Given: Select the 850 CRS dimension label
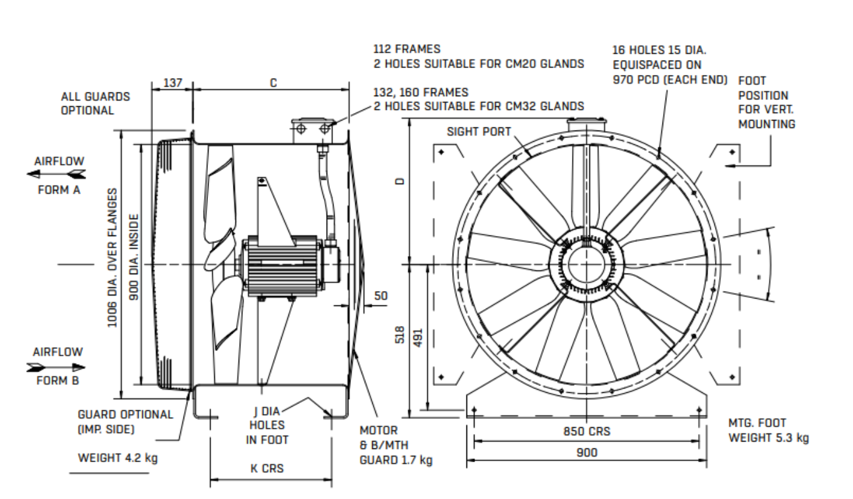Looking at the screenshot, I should [586, 432].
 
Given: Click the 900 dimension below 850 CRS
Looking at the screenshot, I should [586, 452].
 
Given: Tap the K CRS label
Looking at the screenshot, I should [270, 468].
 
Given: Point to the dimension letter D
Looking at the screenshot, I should [400, 181].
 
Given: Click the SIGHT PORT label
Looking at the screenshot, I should [479, 132].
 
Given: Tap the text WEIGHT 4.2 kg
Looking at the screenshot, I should [117, 458].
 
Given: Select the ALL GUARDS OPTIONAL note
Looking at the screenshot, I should [96, 104].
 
